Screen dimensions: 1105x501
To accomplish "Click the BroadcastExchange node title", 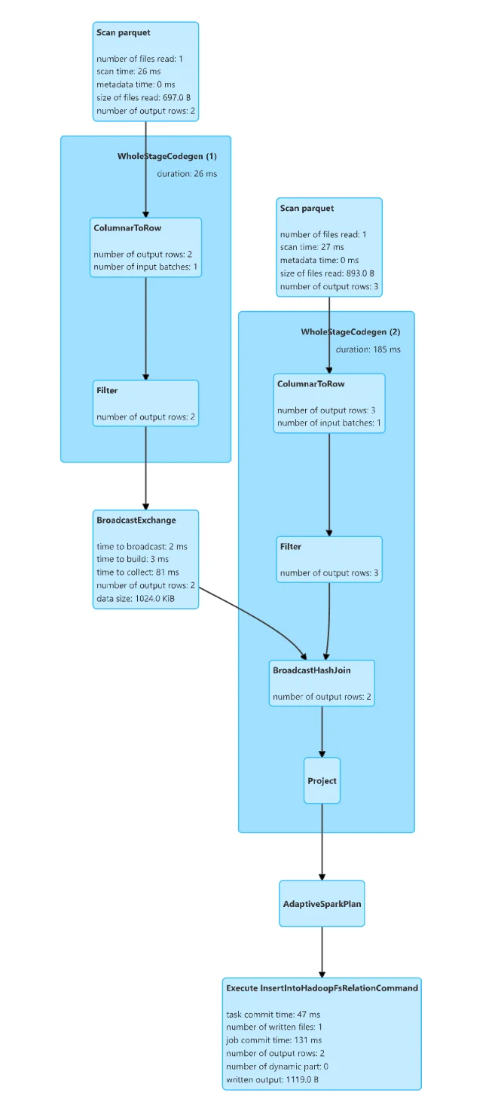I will tap(136, 520).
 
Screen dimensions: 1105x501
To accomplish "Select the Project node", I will tap(322, 781).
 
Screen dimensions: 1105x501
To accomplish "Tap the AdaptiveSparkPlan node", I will tap(322, 903).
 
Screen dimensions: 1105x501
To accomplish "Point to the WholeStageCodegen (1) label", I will tap(166, 157).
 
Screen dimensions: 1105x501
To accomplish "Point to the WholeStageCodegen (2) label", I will tap(350, 332).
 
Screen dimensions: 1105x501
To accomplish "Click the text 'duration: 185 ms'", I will tap(368, 350).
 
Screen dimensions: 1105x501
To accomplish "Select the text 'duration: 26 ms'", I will tap(187, 174).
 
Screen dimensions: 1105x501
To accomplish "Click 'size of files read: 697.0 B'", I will tap(145, 98).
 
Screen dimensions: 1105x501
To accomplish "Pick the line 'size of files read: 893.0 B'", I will tap(327, 273).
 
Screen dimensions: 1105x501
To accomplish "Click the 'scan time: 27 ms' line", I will tap(312, 247).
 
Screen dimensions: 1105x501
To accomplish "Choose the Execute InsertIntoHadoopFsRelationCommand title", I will tap(322, 987).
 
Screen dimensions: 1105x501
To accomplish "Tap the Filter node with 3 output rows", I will tap(329, 559).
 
